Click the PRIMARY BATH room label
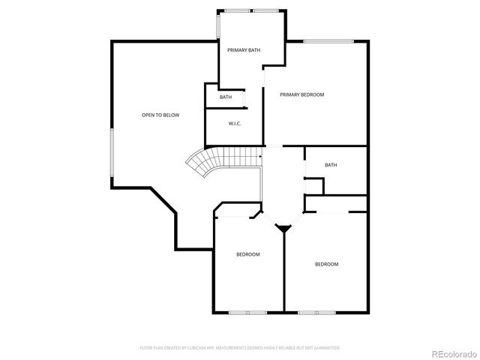click(244, 49)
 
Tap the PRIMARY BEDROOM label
click(301, 94)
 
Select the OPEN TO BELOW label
click(160, 115)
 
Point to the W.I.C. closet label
click(234, 124)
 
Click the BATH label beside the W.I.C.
click(226, 97)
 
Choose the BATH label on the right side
click(331, 165)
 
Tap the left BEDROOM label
click(248, 254)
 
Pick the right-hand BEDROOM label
click(326, 264)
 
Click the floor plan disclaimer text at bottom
click(240, 348)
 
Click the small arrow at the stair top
click(260, 156)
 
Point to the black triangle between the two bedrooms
click(284, 228)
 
